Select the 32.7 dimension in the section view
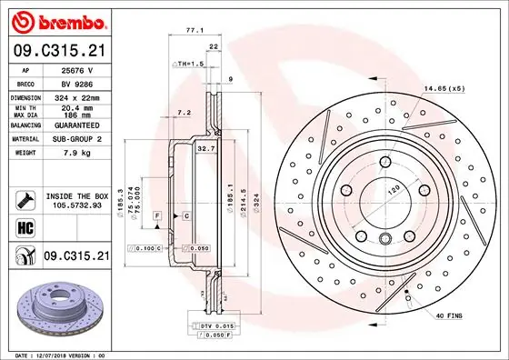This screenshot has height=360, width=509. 205,147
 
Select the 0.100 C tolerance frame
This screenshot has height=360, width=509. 145,247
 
